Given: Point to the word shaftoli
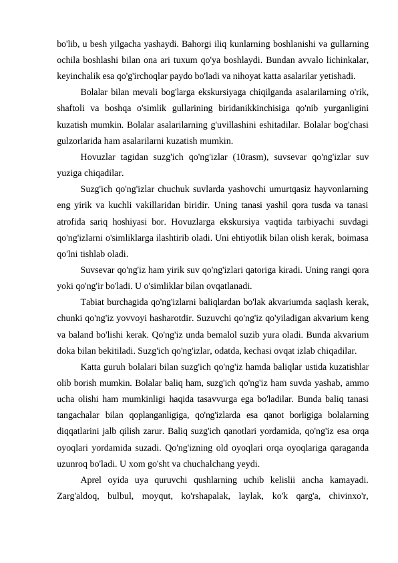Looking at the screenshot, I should (73, 106).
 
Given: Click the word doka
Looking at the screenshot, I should (67, 350).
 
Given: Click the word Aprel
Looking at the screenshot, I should (93, 480).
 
